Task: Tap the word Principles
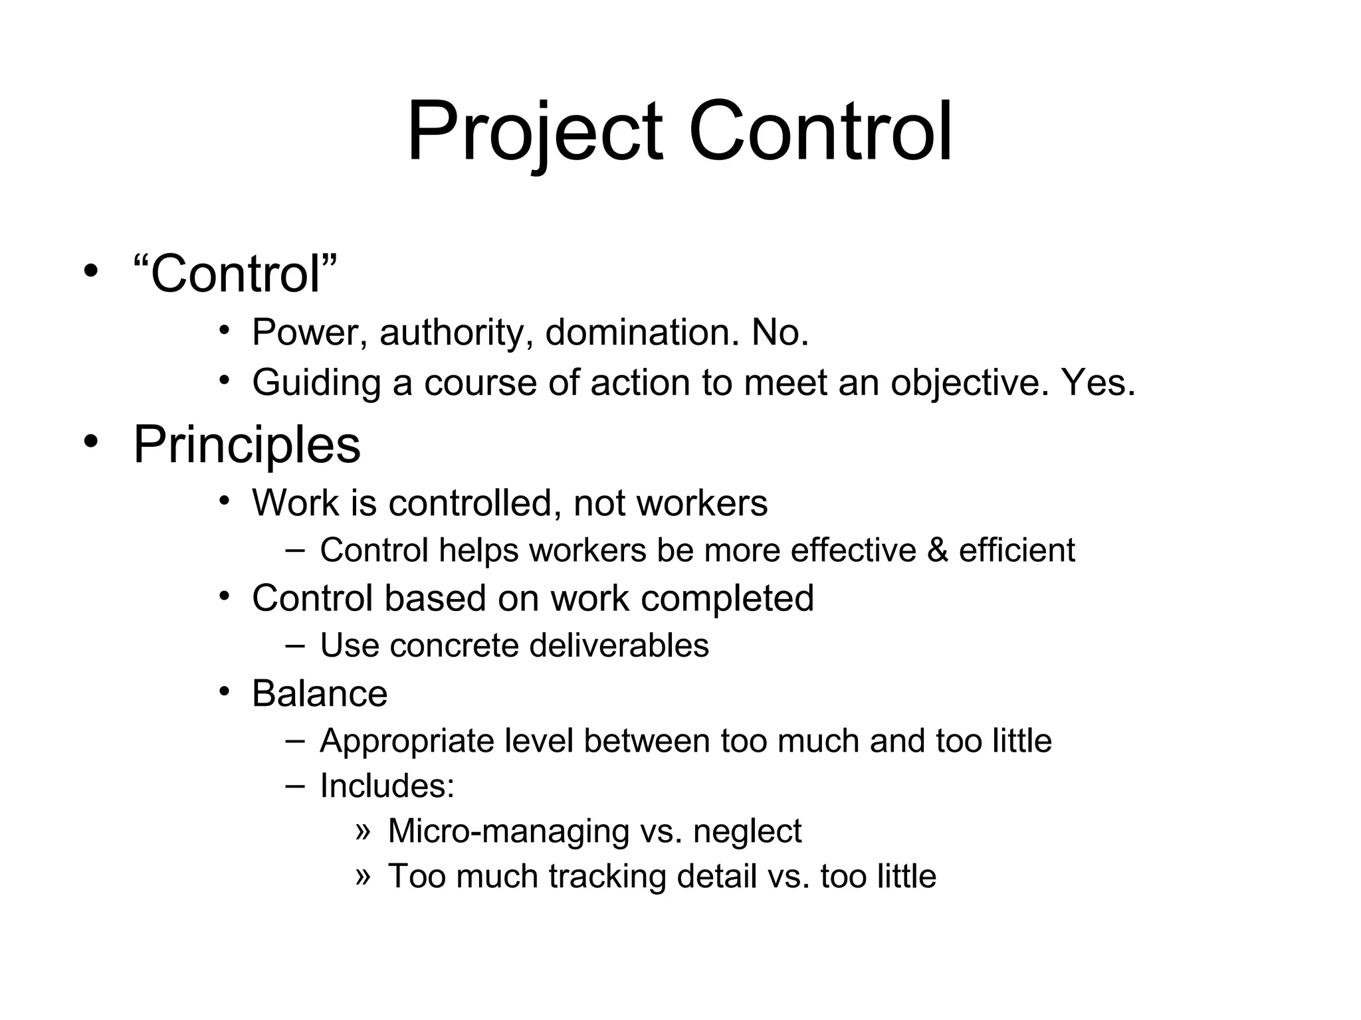click(x=247, y=444)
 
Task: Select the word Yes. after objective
click(x=1099, y=382)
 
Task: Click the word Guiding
click(x=316, y=384)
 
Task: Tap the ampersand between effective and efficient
click(x=937, y=551)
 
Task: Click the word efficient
click(x=1017, y=550)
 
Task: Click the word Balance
click(x=320, y=694)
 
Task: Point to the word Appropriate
click(x=407, y=742)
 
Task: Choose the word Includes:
click(x=387, y=786)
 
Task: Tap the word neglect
click(x=748, y=831)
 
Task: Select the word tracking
click(x=607, y=877)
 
